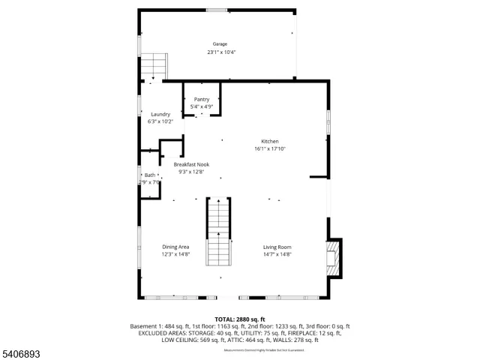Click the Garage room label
click(x=219, y=44)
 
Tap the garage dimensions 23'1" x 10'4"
click(x=221, y=52)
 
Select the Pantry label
click(x=202, y=99)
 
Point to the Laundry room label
click(x=160, y=114)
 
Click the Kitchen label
click(x=269, y=142)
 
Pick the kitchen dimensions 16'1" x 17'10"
click(x=270, y=149)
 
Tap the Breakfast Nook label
click(x=191, y=164)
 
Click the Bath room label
click(x=150, y=175)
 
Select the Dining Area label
click(x=175, y=247)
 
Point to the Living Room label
click(x=277, y=247)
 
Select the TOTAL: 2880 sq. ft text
click(x=240, y=319)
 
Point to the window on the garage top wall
click(x=217, y=10)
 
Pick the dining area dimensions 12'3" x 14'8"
click(x=176, y=255)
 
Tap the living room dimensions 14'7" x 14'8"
click(x=277, y=255)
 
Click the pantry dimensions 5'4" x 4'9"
click(x=202, y=106)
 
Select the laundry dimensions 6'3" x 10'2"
click(x=160, y=121)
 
